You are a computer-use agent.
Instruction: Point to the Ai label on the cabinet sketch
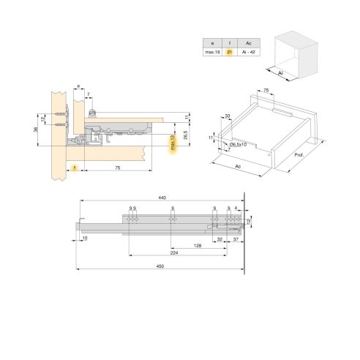tap(280, 72)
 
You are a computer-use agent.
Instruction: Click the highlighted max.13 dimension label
tap(173, 144)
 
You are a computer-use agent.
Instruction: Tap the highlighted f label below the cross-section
tap(75, 168)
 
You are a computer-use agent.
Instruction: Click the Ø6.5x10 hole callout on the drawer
tap(239, 144)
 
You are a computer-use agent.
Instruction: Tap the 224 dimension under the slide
tap(173, 252)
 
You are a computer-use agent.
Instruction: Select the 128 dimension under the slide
tap(198, 246)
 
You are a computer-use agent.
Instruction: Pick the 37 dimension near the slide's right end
tap(236, 239)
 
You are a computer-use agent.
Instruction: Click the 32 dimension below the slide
tap(220, 239)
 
